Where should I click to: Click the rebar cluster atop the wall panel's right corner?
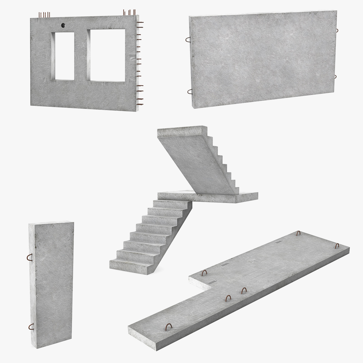tap(129, 13)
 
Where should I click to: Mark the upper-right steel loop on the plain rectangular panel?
tap(336, 31)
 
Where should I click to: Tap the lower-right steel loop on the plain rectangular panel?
tap(336, 77)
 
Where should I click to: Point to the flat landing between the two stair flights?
tap(209, 195)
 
